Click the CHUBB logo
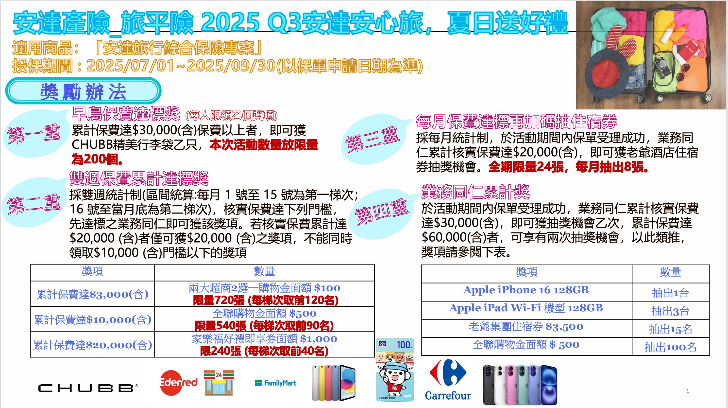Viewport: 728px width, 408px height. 88,388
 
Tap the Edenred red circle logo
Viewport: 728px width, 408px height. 178,383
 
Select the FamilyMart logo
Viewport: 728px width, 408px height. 275,383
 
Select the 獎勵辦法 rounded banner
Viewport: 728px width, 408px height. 83,91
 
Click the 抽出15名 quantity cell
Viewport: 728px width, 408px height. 670,329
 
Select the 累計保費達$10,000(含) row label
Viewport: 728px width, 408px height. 92,319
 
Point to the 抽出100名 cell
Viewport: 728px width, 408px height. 670,347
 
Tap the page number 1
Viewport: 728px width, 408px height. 688,391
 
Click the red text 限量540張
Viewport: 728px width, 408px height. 220,326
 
